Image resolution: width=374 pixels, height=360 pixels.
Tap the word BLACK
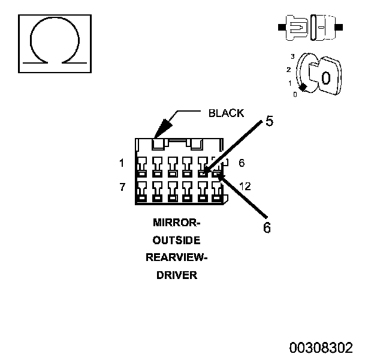[x=226, y=113]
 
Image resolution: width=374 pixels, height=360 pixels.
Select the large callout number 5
[x=269, y=121]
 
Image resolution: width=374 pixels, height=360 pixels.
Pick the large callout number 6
[x=267, y=227]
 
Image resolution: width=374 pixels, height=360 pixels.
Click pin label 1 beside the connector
[x=122, y=163]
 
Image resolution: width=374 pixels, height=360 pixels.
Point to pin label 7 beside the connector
[x=122, y=187]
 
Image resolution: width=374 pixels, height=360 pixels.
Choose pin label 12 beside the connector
[x=245, y=187]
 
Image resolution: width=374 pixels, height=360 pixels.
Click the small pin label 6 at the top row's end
[x=242, y=163]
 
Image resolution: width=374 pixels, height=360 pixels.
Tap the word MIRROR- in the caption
[x=176, y=223]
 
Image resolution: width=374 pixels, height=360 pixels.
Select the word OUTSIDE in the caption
[x=176, y=240]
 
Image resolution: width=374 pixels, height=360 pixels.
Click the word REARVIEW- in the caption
[x=176, y=257]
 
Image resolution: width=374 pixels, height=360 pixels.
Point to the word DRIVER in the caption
[x=177, y=275]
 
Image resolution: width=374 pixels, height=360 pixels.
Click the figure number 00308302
[x=321, y=347]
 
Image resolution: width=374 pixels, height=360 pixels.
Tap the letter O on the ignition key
[x=326, y=78]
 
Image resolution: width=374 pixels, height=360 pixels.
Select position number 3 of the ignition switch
[x=292, y=56]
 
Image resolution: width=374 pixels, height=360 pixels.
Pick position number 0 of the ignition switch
[x=295, y=95]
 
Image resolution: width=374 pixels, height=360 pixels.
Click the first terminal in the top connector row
[x=141, y=167]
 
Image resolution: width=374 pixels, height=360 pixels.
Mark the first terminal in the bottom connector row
[x=142, y=191]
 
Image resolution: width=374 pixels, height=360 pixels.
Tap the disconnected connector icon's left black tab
[x=282, y=27]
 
